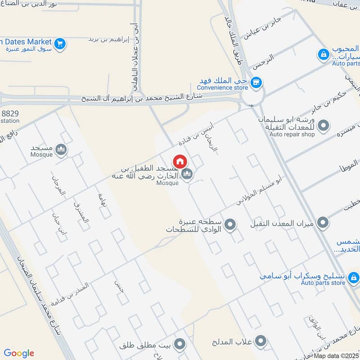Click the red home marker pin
[x=180, y=161]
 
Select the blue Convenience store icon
[x=256, y=82]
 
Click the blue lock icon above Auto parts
[x=323, y=55]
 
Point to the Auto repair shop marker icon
[x=323, y=125]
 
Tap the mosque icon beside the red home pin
[x=187, y=174]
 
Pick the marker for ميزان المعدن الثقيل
[x=323, y=222]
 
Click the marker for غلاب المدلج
[x=260, y=342]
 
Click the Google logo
[x=19, y=353]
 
